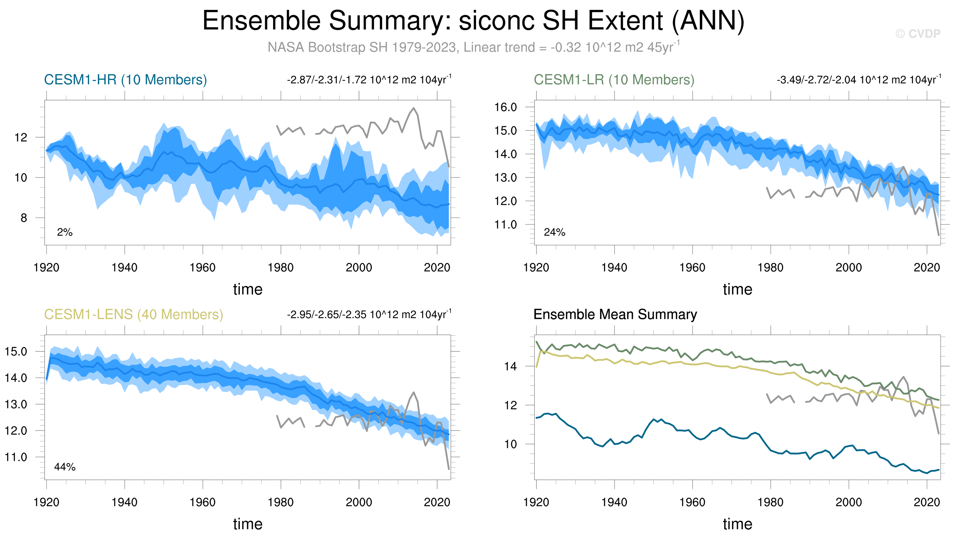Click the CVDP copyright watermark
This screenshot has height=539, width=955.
918,34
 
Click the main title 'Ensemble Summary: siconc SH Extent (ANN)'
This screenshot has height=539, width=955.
473,21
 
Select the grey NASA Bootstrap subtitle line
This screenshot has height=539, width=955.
473,47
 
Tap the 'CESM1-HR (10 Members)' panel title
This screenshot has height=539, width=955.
125,80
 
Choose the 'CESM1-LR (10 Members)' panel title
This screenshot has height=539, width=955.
614,80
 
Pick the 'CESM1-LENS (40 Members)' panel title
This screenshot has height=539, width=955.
134,314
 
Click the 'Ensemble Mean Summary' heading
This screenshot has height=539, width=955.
615,314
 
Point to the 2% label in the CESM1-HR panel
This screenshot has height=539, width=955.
64,232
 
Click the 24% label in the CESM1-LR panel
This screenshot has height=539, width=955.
554,232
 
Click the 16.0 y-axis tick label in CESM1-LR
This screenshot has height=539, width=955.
505,107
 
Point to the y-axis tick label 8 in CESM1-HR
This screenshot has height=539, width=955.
24,218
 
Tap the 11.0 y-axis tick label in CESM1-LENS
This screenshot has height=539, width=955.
16,457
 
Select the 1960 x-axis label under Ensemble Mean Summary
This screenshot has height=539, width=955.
692,502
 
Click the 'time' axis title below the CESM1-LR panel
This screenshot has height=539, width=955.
737,289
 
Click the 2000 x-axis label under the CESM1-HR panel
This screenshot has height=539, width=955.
358,267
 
